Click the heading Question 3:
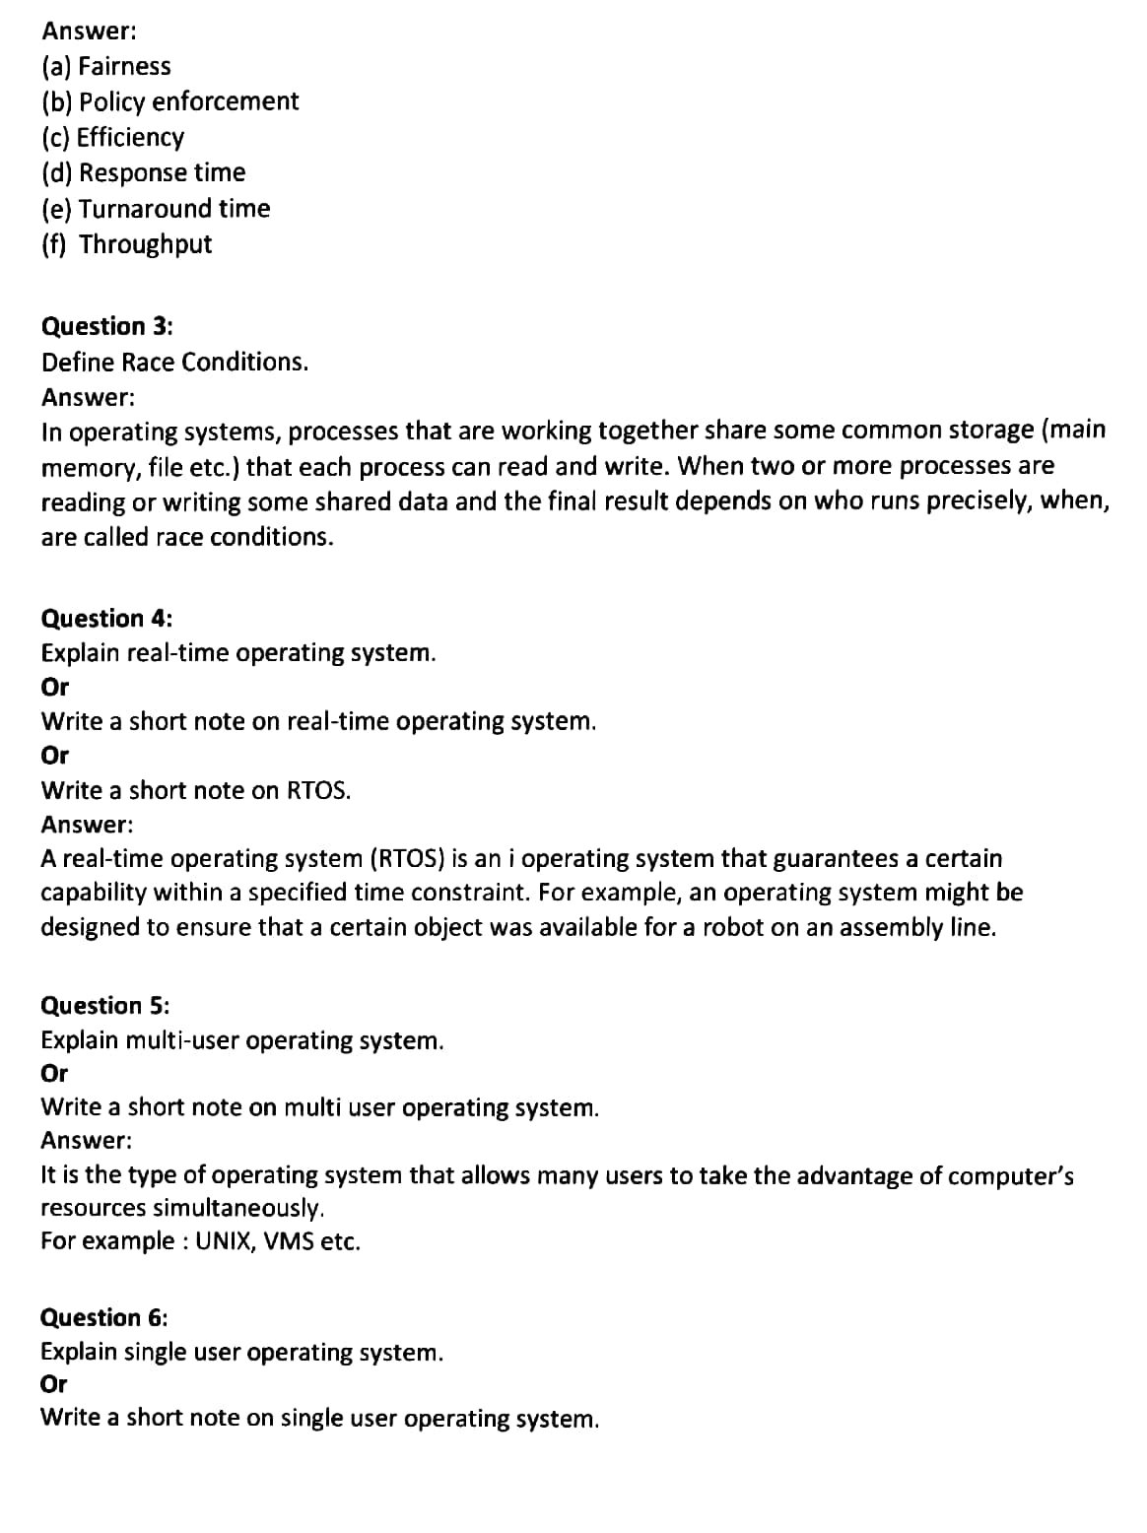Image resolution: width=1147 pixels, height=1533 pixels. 106,326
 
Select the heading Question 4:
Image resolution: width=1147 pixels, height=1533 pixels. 106,619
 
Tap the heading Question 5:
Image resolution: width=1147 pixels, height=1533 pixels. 105,1006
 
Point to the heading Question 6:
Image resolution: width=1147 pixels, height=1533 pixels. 104,1318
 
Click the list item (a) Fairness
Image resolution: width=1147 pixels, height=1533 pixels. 106,67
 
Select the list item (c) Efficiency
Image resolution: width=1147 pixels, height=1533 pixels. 113,137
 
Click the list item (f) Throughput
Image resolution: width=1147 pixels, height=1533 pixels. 127,244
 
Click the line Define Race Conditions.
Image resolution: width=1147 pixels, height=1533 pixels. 174,363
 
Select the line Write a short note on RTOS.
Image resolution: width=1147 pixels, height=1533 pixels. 195,790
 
